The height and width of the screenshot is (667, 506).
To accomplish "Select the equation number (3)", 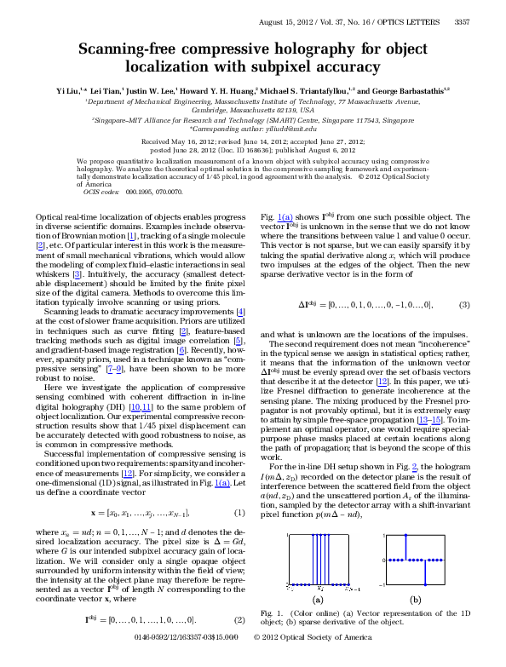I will tap(464, 280).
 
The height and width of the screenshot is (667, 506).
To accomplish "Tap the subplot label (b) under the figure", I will tap(415, 599).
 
